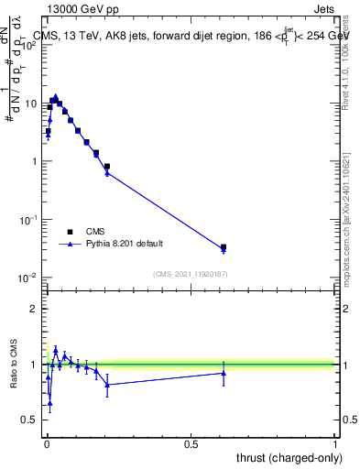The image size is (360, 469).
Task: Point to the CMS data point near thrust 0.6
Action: click(x=224, y=247)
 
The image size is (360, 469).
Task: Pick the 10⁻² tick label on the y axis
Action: click(x=28, y=278)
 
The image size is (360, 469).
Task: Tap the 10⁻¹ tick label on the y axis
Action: click(x=28, y=220)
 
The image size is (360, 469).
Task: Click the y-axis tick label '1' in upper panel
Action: click(x=34, y=162)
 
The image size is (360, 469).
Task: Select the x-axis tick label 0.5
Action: click(x=191, y=443)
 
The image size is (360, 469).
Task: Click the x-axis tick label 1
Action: click(x=335, y=443)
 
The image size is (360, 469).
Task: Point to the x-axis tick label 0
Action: click(x=46, y=443)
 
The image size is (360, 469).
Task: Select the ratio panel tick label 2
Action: click(x=34, y=309)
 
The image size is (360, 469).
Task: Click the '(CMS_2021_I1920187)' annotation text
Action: click(x=190, y=273)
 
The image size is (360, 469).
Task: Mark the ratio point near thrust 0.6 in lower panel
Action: click(x=224, y=372)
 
